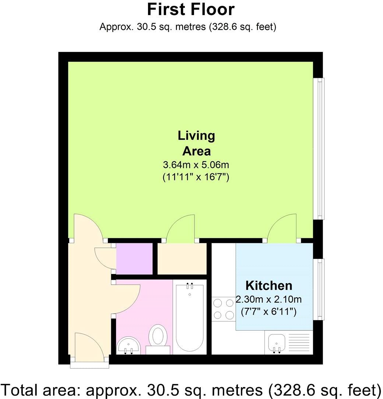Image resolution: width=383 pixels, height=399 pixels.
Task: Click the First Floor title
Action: coord(190,10)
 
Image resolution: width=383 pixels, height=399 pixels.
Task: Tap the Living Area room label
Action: coord(196,143)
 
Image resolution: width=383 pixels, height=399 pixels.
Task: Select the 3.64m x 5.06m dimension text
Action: coord(196,164)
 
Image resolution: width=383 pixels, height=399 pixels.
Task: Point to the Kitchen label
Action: coord(269,285)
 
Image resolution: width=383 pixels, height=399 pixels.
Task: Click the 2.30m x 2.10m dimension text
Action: coord(268,299)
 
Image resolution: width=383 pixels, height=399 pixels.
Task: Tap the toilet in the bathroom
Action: coord(158,337)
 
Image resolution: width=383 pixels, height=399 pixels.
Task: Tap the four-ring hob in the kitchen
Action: coord(224,309)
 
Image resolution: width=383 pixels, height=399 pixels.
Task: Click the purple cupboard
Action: coord(134,258)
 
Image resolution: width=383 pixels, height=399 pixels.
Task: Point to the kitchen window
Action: coord(320,289)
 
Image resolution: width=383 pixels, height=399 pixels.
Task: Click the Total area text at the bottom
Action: coord(191,389)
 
